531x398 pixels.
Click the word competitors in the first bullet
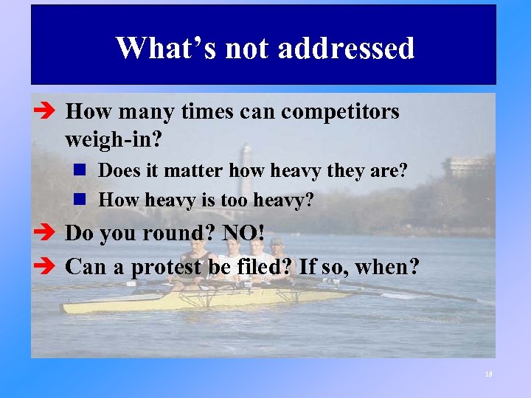340,112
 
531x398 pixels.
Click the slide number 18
488,374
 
